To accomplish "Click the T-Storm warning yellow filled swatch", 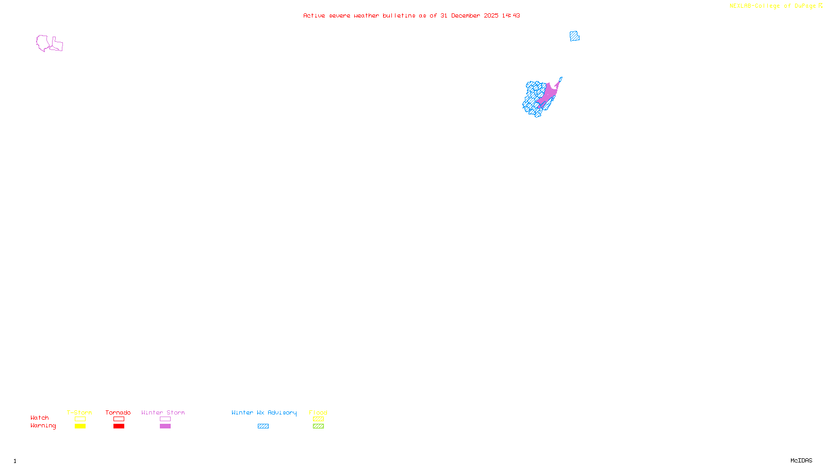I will (x=80, y=426).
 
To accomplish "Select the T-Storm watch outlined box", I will (x=80, y=419).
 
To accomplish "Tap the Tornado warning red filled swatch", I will (x=119, y=426).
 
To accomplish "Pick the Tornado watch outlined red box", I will (x=119, y=419).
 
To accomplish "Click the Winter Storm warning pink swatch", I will (x=165, y=426).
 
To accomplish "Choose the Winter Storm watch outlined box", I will (x=165, y=419).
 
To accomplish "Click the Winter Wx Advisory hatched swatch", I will (x=263, y=426).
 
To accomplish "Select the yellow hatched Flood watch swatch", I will (x=318, y=419).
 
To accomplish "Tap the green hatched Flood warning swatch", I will (x=318, y=426).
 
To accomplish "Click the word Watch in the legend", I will (x=40, y=418).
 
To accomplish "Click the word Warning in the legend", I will (x=43, y=426).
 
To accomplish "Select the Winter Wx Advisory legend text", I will (x=264, y=412).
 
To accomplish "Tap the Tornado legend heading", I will (x=118, y=412).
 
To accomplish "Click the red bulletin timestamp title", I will (x=411, y=15).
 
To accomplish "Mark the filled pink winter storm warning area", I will (x=549, y=93).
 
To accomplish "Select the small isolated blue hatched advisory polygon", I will (x=574, y=36).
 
